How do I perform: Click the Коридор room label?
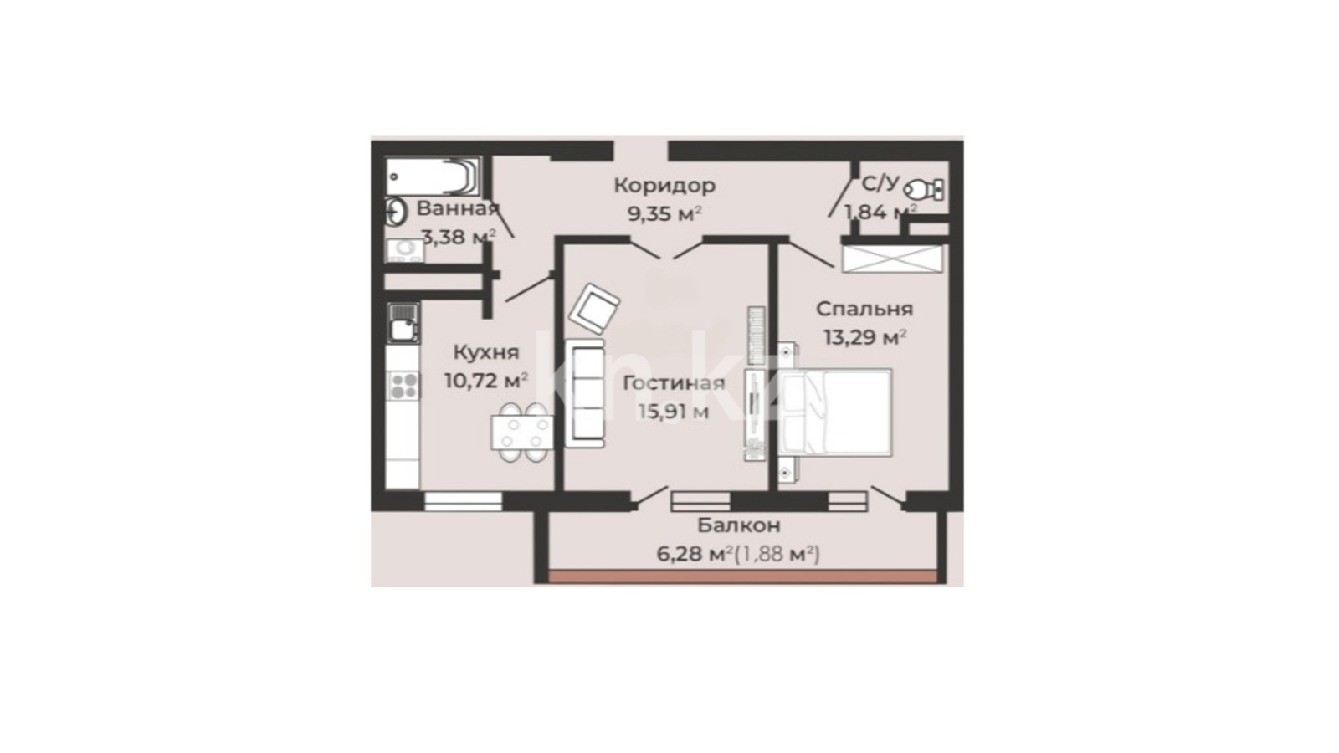pos(664,186)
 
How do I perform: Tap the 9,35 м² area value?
pos(664,213)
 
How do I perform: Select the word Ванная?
pos(457,208)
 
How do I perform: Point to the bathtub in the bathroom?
pos(433,177)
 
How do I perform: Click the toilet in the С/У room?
pos(924,189)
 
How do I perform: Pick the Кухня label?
pos(486,352)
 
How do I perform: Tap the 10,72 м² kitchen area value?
pos(486,380)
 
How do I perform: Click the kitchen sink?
pos(403,323)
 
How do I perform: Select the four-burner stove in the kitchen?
pos(404,385)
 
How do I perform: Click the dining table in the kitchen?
pos(521,432)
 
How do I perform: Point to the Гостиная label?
pos(674,383)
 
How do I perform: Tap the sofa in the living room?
pos(585,392)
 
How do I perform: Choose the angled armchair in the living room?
pos(594,309)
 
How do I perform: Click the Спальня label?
pos(864,309)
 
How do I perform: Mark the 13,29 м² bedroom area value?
pos(864,337)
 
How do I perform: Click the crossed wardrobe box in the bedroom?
pos(892,259)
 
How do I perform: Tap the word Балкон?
pos(739,525)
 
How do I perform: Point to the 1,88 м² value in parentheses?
pos(777,555)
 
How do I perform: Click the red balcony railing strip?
pos(742,576)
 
